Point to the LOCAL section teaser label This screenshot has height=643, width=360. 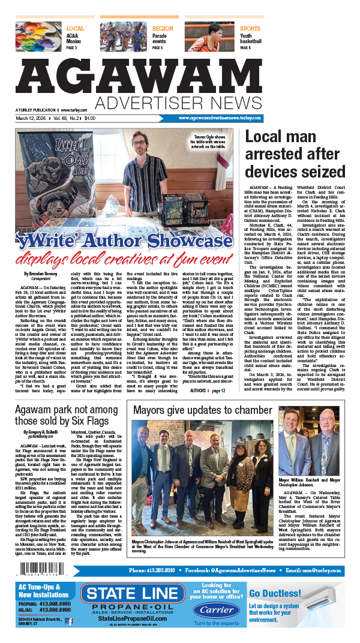pyautogui.click(x=75, y=28)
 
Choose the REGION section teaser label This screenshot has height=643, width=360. pyautogui.click(x=162, y=28)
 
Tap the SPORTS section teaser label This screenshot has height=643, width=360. pyautogui.click(x=250, y=28)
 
